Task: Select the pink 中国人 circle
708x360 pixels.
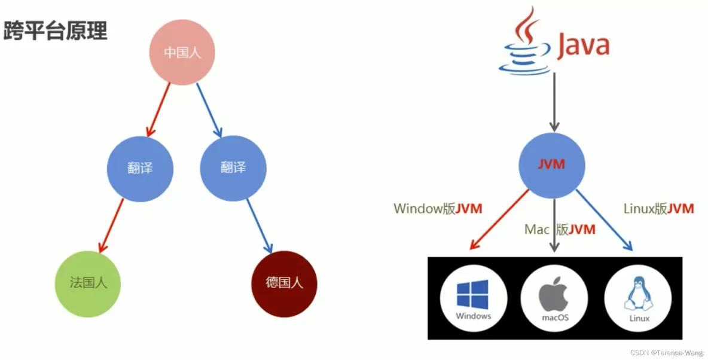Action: (x=182, y=53)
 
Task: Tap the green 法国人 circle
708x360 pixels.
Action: (x=88, y=283)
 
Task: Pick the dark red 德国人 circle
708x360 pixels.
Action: (x=284, y=283)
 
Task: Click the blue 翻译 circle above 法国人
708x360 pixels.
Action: (x=140, y=168)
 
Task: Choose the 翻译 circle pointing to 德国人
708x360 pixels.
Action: (x=233, y=168)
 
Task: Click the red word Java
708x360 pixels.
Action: (x=583, y=46)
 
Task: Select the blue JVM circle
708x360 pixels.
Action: (x=551, y=164)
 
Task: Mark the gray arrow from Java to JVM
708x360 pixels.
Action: (x=554, y=102)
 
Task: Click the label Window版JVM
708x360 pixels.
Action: (x=438, y=209)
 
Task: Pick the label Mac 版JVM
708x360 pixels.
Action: (x=560, y=229)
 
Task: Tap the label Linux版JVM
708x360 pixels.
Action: (x=658, y=209)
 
